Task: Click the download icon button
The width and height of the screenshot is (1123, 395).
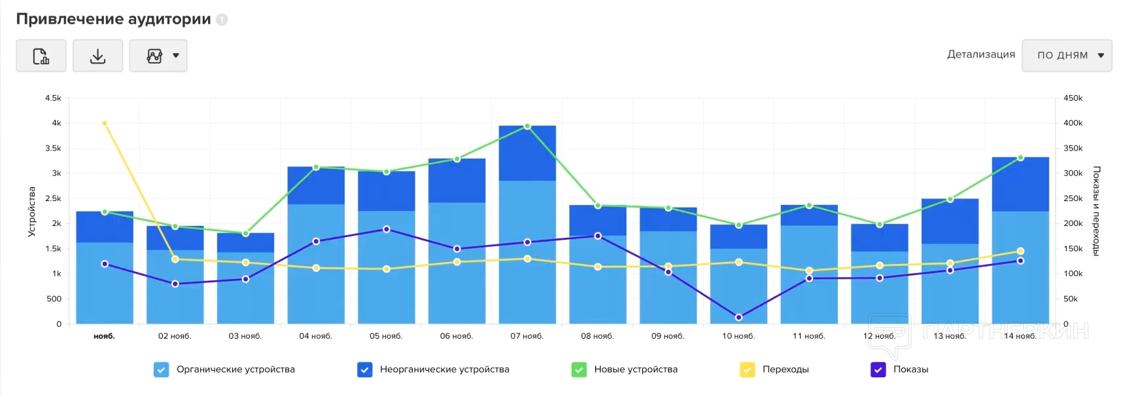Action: [97, 56]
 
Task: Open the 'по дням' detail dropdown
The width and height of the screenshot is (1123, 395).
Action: [1066, 56]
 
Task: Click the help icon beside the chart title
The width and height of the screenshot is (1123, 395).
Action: [222, 20]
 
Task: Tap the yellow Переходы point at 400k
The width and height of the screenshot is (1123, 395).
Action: [105, 123]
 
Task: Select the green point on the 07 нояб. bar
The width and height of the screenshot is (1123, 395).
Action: [527, 126]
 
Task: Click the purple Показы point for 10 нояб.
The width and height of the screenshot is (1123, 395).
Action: [738, 317]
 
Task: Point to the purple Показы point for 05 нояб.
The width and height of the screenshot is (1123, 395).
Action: [387, 229]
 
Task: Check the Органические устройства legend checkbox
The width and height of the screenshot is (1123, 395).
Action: [161, 369]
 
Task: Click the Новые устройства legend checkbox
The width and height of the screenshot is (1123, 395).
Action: [579, 369]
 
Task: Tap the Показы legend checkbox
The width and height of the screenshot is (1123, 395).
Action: [878, 369]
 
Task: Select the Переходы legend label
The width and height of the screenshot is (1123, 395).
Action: [785, 369]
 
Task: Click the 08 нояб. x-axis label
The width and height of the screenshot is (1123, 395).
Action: [597, 336]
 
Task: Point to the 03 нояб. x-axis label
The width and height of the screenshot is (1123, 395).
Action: [245, 336]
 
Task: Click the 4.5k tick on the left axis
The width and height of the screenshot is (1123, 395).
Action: [53, 98]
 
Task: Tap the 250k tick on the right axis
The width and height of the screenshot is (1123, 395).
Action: [1073, 198]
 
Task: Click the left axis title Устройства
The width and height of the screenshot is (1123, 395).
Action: [31, 211]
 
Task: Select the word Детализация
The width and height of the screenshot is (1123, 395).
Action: [980, 54]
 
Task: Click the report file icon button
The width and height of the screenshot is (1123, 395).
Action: [41, 56]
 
